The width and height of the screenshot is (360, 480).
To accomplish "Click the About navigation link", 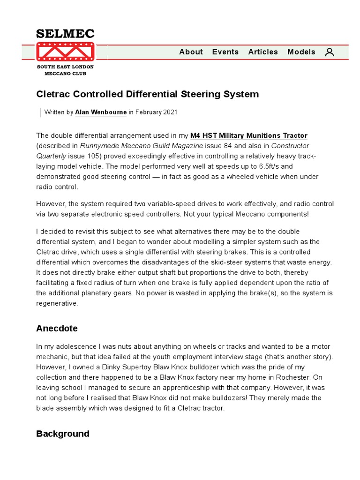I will (x=191, y=52).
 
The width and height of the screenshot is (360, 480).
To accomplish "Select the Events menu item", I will (x=225, y=52).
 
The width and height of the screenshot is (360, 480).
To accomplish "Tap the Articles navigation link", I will (x=263, y=52).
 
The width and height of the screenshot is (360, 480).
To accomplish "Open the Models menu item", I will (x=301, y=52).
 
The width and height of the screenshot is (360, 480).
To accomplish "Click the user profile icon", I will (x=330, y=52).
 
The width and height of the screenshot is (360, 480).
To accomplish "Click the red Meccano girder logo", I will (x=65, y=52).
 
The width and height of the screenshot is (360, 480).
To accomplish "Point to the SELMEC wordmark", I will (x=65, y=34).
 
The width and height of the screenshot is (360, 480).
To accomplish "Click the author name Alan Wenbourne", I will (x=101, y=112).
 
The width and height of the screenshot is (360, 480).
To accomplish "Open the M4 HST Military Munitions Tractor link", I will (x=248, y=135).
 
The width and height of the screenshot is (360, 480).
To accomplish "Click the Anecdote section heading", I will (x=57, y=328).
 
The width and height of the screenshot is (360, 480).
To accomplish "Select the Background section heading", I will (x=62, y=434).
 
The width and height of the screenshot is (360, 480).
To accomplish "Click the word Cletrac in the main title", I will (x=52, y=94).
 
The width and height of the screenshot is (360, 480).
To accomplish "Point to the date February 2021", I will (x=157, y=112).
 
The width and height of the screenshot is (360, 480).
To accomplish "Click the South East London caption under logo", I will (x=65, y=67).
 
